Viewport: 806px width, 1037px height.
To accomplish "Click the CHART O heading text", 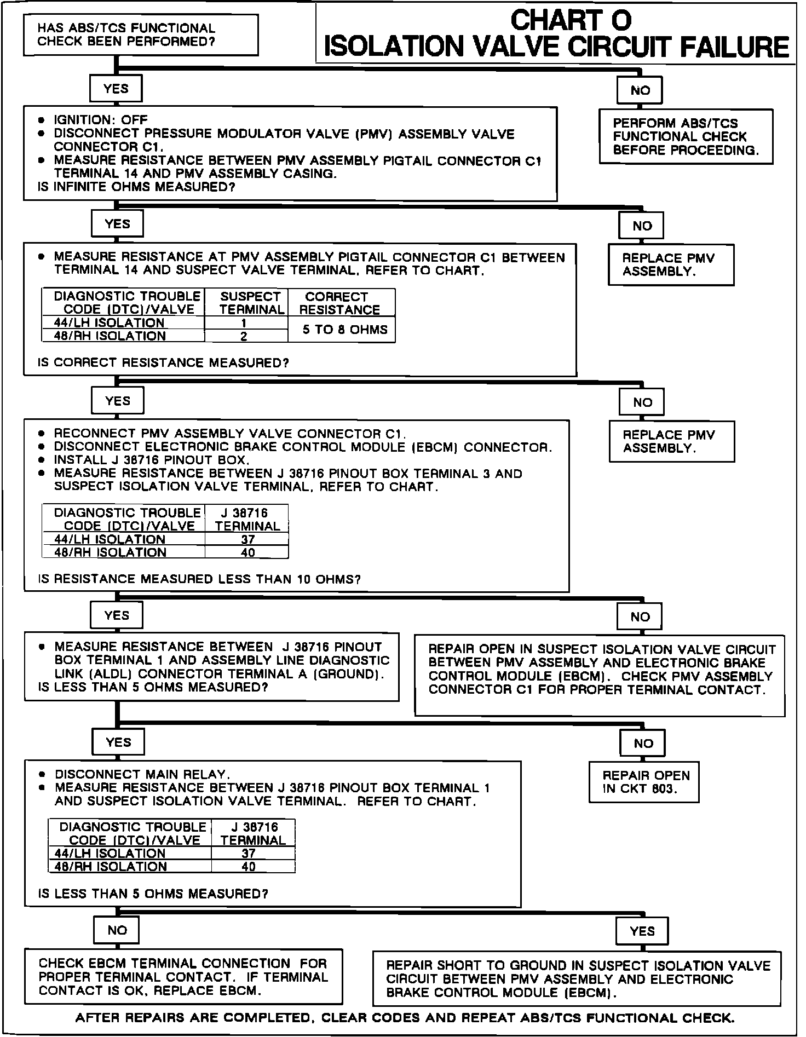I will [x=571, y=21].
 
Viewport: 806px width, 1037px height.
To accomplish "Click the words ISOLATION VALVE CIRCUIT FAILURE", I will [x=556, y=47].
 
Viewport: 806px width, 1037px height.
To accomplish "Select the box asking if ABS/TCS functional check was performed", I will [x=140, y=35].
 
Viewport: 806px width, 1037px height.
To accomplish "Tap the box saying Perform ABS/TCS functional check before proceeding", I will [x=686, y=137].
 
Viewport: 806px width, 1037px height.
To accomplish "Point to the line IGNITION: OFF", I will [x=100, y=120].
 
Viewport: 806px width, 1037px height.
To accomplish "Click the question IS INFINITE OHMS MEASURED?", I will [x=136, y=187].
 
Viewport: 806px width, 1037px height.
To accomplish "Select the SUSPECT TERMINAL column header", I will [x=251, y=303].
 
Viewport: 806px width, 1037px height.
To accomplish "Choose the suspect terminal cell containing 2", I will [x=244, y=336].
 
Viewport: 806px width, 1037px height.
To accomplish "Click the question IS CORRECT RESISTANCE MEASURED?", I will [x=163, y=363].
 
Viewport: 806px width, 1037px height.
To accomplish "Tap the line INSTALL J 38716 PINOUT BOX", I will [x=152, y=460].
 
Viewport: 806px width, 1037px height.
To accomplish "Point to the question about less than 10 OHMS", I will [x=199, y=579].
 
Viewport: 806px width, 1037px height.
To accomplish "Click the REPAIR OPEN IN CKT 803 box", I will [x=644, y=782].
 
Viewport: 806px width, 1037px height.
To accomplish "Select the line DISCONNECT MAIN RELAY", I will [x=142, y=774].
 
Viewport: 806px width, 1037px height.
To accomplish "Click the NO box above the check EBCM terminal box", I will [x=117, y=930].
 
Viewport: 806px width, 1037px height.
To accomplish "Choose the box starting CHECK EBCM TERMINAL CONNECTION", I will [x=183, y=977].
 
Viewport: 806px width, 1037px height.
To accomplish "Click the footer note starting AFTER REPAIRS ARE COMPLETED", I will [x=405, y=1018].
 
